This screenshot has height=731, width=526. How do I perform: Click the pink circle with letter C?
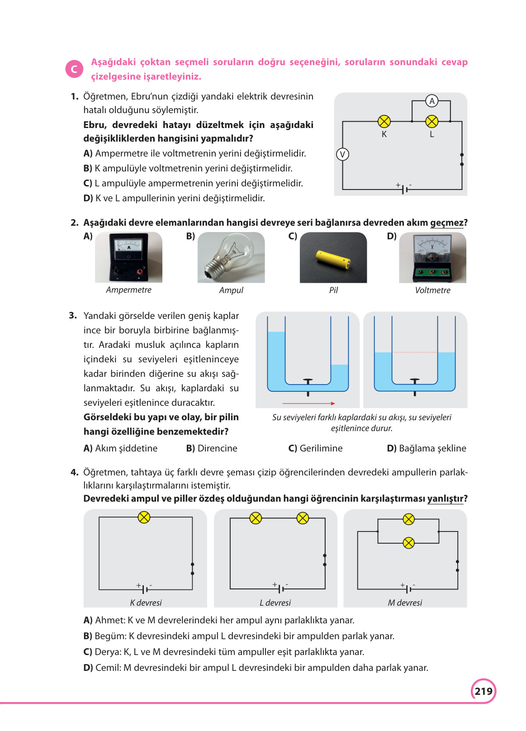point(74,69)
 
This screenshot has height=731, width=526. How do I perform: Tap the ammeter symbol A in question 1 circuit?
point(432,101)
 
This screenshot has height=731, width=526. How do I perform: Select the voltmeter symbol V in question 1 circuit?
point(342,155)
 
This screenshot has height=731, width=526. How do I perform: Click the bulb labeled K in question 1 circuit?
point(384,121)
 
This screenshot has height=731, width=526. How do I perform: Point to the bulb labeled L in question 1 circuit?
point(432,121)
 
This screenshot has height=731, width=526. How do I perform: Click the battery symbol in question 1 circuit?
point(404,189)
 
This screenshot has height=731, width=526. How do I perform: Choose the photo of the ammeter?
point(128,257)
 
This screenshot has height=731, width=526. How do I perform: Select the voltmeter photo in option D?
point(432,257)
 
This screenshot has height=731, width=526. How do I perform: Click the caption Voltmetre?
point(432,290)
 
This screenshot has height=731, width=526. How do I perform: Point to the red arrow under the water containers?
point(308,403)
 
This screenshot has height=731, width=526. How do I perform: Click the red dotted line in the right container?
point(415,352)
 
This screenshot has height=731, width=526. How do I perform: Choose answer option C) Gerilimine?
point(315,448)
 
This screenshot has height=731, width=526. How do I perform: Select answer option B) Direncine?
point(212,448)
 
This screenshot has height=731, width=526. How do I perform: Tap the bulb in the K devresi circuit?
point(144,517)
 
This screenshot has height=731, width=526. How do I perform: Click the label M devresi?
point(405,603)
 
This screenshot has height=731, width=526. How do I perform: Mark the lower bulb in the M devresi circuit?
point(408,543)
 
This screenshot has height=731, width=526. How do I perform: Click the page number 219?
point(483,691)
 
